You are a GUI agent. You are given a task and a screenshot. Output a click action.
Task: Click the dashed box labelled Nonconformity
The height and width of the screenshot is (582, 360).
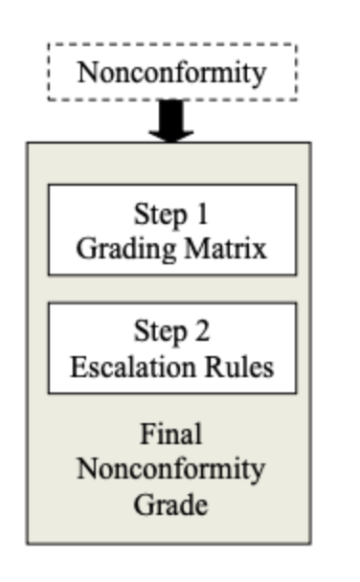[x=171, y=73]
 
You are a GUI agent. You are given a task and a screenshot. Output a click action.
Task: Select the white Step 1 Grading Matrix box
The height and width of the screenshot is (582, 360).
[x=171, y=230]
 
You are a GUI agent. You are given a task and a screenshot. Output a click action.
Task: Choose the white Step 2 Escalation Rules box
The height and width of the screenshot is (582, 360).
[x=171, y=348]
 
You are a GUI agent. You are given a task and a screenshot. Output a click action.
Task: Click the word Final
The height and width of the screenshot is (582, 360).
[x=171, y=435]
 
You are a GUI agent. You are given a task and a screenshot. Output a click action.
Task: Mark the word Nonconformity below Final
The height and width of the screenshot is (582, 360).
[x=171, y=469]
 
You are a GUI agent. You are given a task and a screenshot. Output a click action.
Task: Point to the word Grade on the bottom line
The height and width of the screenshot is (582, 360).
[x=171, y=504]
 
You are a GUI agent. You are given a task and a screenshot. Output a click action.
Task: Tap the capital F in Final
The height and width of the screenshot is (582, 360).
[x=146, y=435]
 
